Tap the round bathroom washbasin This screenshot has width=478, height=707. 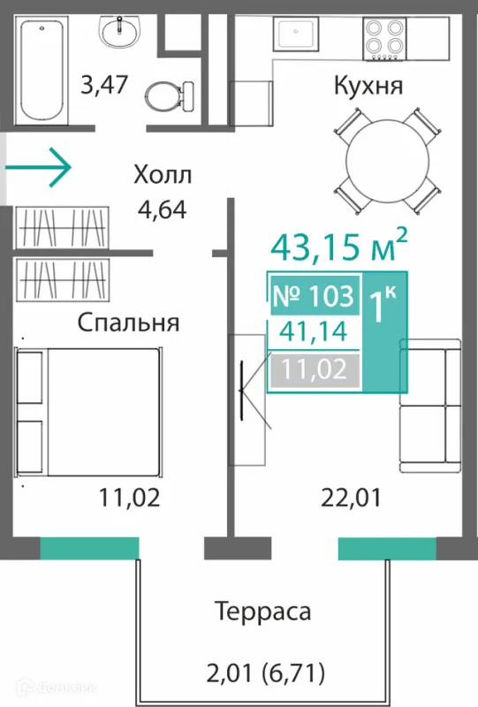tap(120, 33)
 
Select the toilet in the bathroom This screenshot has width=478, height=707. tap(170, 95)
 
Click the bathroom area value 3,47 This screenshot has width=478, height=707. tap(104, 85)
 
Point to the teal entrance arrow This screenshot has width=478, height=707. tap(38, 167)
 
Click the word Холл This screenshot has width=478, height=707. tap(163, 174)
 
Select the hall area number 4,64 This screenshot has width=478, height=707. tap(162, 209)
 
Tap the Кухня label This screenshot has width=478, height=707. tap(368, 86)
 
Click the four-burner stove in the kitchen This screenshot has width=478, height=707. tap(384, 38)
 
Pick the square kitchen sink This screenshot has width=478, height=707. tap(296, 33)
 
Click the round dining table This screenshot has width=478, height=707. tap(387, 160)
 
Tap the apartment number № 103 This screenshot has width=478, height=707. tap(314, 295)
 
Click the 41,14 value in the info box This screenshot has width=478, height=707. tap(313, 332)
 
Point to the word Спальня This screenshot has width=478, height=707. tap(128, 323)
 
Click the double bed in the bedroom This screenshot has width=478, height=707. tap(88, 412)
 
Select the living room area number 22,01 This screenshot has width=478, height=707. tap(351, 498)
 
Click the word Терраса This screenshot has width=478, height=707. tap(263, 612)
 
